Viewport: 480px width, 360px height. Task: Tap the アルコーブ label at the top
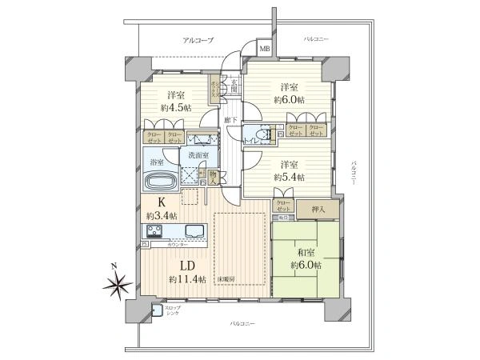tap(197, 40)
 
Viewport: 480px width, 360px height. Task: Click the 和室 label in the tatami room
tap(305, 250)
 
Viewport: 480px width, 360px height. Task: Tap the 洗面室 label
tap(199, 155)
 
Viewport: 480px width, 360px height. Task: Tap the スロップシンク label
tap(173, 310)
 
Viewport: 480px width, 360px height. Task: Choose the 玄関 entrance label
tap(234, 83)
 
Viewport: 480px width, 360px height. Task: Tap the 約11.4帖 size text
tap(187, 279)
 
